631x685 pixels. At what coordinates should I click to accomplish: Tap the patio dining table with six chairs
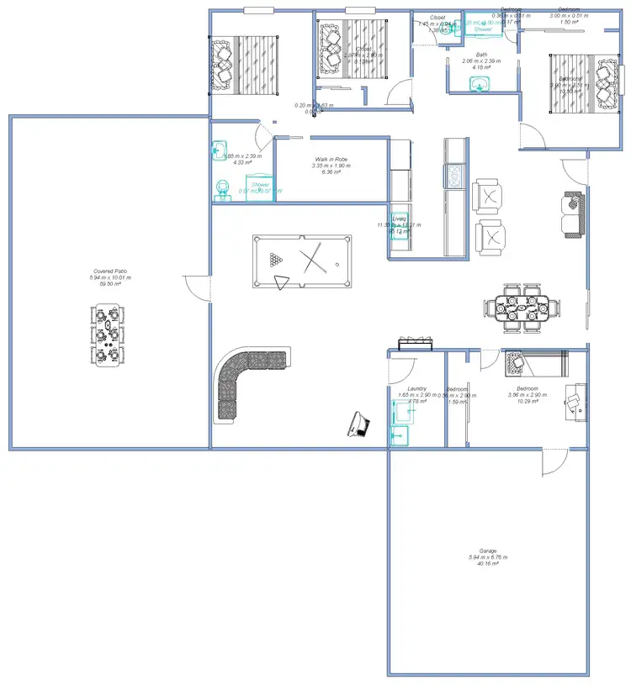107,335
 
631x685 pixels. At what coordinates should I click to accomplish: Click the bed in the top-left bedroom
245,64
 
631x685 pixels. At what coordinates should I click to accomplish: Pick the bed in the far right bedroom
579,84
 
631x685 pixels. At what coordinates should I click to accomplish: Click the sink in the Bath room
480,84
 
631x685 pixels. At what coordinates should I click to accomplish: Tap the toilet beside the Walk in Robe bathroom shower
222,189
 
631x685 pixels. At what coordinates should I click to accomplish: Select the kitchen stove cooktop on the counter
454,175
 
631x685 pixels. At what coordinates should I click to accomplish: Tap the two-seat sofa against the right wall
574,214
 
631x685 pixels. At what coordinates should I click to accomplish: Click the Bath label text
481,55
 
